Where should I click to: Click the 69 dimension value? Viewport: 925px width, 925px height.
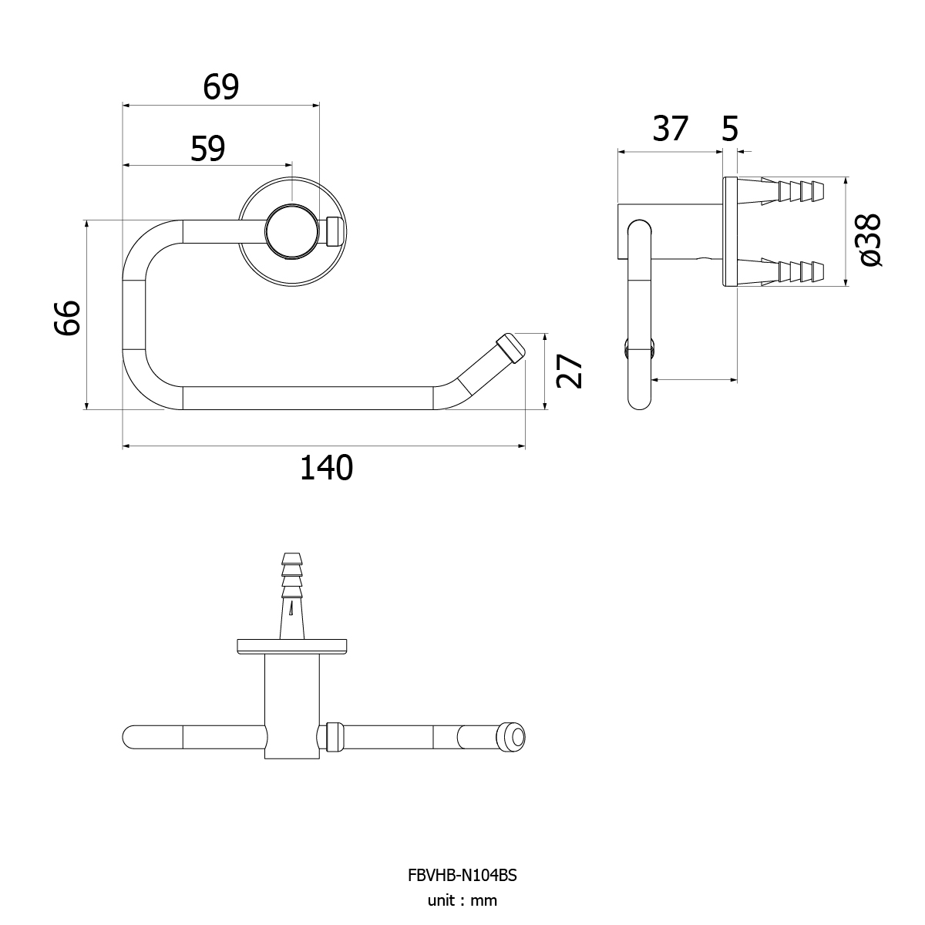pos(220,87)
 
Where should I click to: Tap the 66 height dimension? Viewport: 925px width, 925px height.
pos(67,318)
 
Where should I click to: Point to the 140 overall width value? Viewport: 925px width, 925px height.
pos(326,468)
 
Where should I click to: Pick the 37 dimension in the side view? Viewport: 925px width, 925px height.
pos(671,128)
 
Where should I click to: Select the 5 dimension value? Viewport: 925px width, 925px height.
pos(730,129)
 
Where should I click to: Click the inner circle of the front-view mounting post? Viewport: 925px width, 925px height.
pos(292,231)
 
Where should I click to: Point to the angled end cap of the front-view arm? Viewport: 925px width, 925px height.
pos(510,348)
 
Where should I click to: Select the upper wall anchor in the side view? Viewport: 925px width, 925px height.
pos(781,191)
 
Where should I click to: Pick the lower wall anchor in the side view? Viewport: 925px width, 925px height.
pos(781,271)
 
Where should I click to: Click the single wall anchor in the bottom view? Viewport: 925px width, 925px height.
pos(292,596)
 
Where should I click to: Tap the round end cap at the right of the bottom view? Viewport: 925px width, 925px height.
pos(513,738)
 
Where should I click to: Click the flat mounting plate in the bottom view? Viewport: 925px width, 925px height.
pos(292,646)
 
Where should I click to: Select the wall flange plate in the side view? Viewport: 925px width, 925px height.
pos(730,231)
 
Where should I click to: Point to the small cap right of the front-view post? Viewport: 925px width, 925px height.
pos(335,231)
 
